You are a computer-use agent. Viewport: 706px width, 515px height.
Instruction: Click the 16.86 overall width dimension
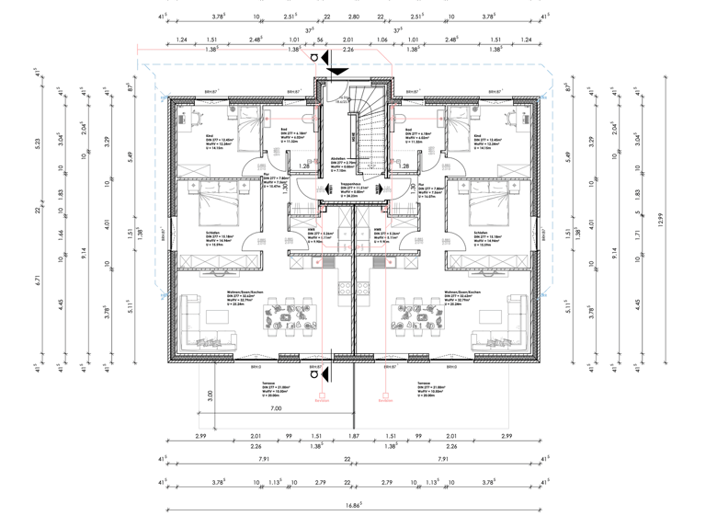pos(353,504)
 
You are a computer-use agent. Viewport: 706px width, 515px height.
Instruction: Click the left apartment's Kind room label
pos(196,135)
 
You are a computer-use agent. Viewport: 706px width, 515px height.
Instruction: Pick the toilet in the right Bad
pos(402,117)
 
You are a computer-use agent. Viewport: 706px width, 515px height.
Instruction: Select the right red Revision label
pos(383,400)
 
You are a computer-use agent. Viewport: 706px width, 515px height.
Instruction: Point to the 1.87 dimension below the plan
pos(352,437)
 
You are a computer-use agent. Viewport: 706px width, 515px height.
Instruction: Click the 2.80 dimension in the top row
pos(353,16)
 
